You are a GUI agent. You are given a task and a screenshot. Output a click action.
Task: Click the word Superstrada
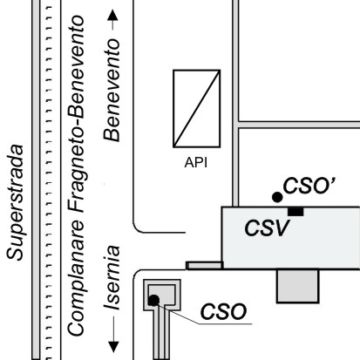pos(15,202)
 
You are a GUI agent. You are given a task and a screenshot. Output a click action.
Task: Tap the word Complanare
pos(76,278)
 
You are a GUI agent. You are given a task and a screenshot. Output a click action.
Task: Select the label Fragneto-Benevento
pos(76,115)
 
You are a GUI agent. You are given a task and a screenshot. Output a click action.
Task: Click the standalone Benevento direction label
pos(112,90)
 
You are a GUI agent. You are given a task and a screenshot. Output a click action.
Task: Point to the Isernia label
pos(112,278)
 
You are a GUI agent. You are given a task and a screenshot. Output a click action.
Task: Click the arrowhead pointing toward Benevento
pos(112,15)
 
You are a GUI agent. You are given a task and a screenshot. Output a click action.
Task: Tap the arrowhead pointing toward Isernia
pos(113,347)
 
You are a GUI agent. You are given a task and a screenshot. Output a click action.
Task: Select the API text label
pos(196,162)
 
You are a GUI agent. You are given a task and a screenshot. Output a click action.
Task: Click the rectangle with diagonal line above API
pos(197,108)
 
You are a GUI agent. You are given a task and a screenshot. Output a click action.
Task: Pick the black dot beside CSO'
pos(277,197)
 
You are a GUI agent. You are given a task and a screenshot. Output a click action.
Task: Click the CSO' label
pos(309,186)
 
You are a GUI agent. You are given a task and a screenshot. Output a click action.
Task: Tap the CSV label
pos(268,228)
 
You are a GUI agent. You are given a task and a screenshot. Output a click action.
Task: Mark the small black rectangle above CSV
pos(295,212)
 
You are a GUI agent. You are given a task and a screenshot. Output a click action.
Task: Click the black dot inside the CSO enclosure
pos(153,301)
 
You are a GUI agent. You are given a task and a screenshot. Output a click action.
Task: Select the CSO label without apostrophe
pos(223,311)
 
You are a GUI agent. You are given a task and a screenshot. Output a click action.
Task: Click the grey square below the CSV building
pos(298,286)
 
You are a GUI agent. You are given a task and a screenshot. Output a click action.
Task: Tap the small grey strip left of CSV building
pos(205,266)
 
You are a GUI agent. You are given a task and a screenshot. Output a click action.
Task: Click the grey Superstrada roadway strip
pos(36,180)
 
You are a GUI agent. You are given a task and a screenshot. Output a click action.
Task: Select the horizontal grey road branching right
pos(299,125)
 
